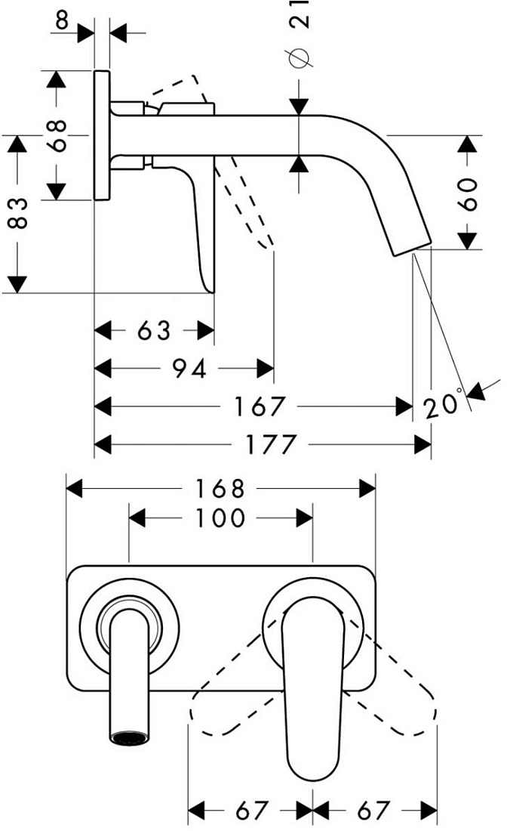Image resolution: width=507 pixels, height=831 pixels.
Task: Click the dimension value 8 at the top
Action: tap(63, 20)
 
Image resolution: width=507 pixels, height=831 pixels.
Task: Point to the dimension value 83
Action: tap(19, 212)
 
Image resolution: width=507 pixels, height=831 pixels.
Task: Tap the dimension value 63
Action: tap(153, 331)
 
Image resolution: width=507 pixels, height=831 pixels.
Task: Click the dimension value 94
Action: tap(189, 369)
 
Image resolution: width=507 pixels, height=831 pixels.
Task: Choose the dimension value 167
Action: tap(260, 406)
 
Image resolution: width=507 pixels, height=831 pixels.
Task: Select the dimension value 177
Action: tap(270, 444)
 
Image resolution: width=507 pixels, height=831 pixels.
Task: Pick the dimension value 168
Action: tap(220, 489)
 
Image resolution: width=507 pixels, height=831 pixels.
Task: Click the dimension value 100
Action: tap(220, 517)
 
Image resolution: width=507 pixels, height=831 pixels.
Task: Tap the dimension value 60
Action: tap(468, 194)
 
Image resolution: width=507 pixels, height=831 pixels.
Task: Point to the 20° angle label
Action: tap(442, 404)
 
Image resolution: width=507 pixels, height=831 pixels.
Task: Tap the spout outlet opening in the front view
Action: tap(128, 738)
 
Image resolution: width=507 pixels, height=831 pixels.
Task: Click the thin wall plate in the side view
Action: tap(102, 135)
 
